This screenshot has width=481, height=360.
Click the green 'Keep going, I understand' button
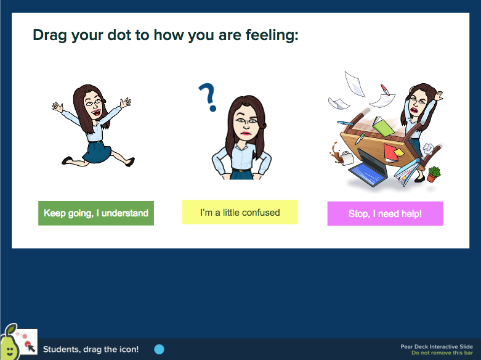pos(96,213)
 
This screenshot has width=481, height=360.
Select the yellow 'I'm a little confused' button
pos(240,212)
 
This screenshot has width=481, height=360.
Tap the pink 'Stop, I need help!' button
pos(385,213)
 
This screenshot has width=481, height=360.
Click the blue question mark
pos(209,97)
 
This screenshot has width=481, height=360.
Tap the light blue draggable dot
pos(160,350)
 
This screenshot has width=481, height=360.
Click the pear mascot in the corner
pos(9,343)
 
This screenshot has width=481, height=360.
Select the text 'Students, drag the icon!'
pos(91,350)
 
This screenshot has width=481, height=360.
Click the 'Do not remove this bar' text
pos(442,353)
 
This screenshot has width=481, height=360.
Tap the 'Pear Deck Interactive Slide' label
pos(437,347)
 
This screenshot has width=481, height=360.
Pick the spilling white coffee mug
pos(347,158)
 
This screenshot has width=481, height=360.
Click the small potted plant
pos(433,174)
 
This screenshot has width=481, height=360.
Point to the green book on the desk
pos(383,126)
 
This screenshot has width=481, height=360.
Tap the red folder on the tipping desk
pos(390,153)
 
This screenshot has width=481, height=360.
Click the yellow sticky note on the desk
pos(399,152)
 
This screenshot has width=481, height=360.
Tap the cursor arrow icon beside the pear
pos(31,348)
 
